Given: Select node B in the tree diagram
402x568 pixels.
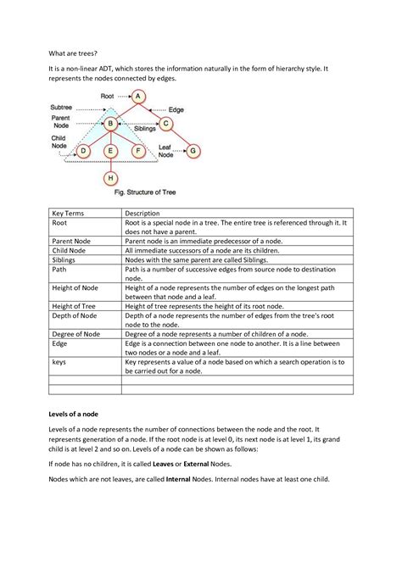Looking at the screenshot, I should point(110,125).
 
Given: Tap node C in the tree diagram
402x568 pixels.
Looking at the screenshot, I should point(166,125).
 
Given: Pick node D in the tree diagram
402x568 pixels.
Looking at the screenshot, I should point(83,152).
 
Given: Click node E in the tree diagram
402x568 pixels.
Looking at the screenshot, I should point(110,152).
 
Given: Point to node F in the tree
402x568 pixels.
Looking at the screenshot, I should point(138,152).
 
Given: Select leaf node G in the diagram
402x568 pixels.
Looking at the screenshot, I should point(194,152).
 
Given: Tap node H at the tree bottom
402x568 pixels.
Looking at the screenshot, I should point(110,179).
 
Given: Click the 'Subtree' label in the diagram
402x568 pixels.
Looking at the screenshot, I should point(62,108).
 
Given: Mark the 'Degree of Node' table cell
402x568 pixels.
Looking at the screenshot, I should point(75,333).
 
